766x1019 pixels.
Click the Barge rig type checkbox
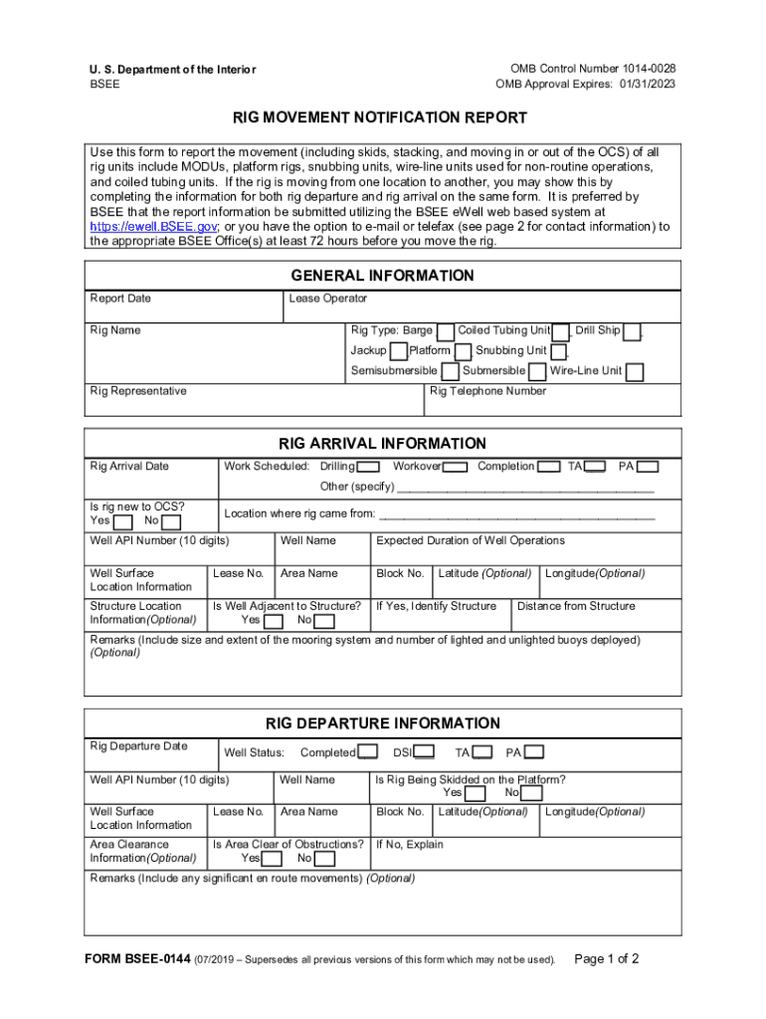(x=446, y=331)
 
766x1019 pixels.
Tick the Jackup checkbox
(x=399, y=351)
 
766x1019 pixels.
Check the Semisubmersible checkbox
(x=450, y=372)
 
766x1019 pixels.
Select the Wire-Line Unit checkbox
(x=634, y=372)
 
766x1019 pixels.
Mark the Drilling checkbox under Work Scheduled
(x=368, y=467)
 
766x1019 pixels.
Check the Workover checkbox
(x=456, y=467)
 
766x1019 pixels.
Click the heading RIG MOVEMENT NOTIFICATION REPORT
(x=380, y=118)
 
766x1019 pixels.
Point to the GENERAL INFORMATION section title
(x=382, y=276)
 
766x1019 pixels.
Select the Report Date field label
(x=120, y=299)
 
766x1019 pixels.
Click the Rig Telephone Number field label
(x=487, y=391)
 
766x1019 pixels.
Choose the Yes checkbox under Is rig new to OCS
(x=122, y=521)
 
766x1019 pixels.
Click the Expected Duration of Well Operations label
(x=470, y=540)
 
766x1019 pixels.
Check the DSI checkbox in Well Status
(x=424, y=752)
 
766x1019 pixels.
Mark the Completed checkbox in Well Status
(x=367, y=752)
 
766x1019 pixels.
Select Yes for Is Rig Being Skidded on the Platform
(x=476, y=794)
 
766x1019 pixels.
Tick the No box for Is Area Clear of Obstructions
(x=324, y=859)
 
